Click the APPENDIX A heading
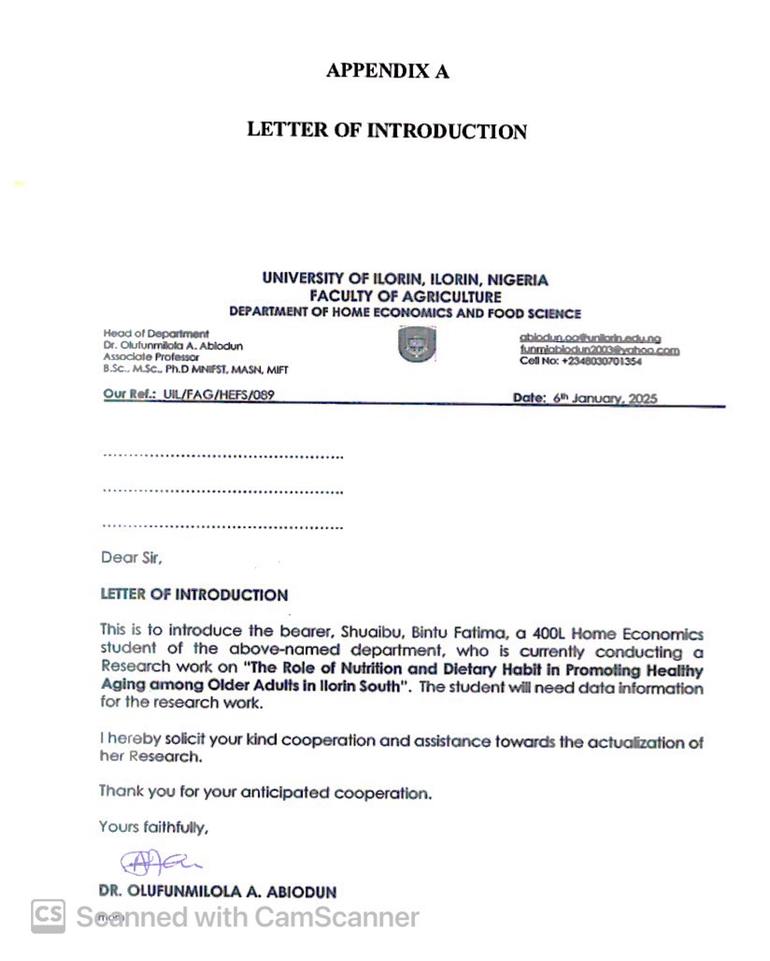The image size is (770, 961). tap(387, 71)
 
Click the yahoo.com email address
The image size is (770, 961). tap(599, 351)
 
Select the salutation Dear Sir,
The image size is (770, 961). tap(132, 558)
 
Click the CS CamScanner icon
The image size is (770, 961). tap(48, 916)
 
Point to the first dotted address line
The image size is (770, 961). tap(222, 456)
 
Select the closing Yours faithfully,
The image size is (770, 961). tap(154, 827)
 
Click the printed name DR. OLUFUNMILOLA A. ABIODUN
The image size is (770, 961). tap(217, 892)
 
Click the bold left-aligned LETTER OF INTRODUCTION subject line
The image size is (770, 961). tap(194, 595)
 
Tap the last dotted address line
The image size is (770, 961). tap(222, 527)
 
